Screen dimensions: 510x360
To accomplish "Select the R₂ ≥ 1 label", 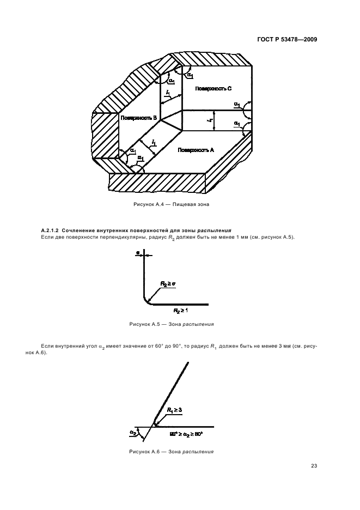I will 180,311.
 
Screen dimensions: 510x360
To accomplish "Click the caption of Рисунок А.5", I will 171,324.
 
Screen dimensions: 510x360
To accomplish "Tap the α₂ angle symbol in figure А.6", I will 132,433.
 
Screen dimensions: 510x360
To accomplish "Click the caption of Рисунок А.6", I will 171,452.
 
